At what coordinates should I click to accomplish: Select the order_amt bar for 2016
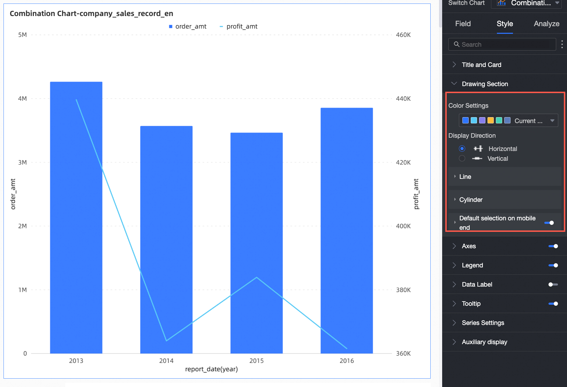point(347,230)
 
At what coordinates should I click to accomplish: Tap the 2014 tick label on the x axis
point(166,361)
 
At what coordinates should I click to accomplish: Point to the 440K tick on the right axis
point(403,99)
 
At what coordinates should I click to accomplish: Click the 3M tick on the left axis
point(22,162)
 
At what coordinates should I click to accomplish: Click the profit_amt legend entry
point(239,26)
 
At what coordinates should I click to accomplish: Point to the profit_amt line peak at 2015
point(257,278)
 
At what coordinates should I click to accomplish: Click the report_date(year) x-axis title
point(211,369)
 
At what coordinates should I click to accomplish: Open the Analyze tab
point(546,24)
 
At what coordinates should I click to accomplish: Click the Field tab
point(463,24)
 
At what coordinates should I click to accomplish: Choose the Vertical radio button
point(462,159)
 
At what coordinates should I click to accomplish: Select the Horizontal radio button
point(462,149)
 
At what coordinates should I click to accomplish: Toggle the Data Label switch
point(553,284)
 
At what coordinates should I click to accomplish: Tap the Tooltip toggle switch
point(553,304)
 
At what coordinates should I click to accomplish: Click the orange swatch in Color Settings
point(491,121)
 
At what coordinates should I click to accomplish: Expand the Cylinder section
point(471,200)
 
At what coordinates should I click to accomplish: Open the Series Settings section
point(483,323)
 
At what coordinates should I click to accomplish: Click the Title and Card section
point(482,65)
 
